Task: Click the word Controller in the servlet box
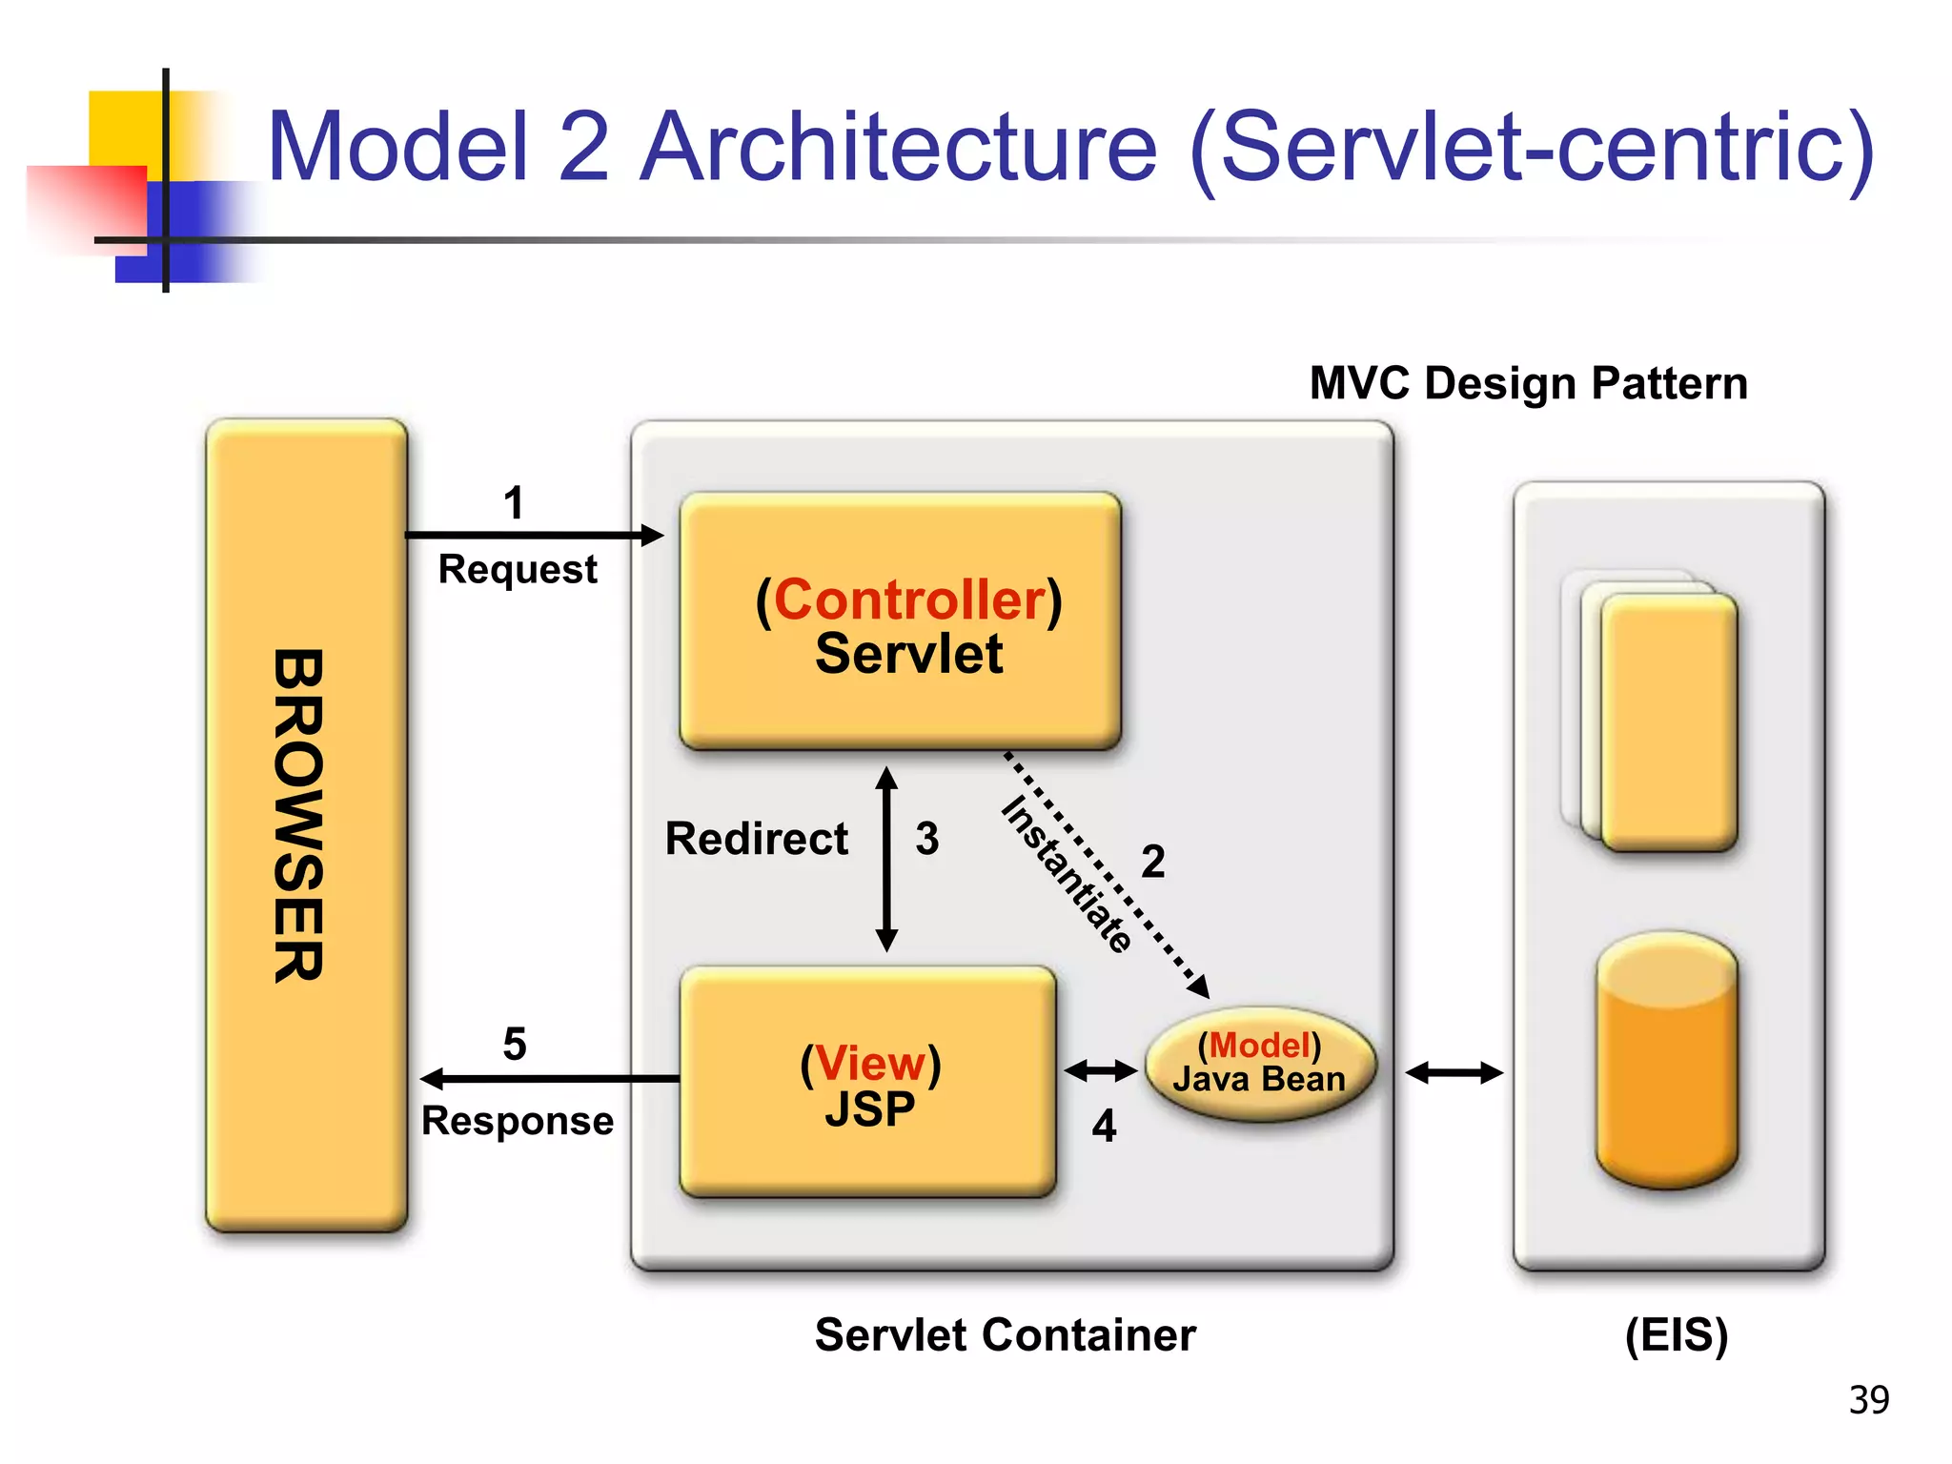click(909, 600)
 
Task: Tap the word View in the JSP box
click(870, 1063)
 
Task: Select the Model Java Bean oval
click(1260, 1063)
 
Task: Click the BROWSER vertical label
click(299, 816)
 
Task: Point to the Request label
click(518, 570)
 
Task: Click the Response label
click(518, 1121)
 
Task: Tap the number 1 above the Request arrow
click(514, 502)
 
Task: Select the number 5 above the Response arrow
click(515, 1044)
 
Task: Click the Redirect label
click(756, 839)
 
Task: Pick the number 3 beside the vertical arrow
click(927, 839)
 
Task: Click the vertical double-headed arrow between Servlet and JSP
click(886, 858)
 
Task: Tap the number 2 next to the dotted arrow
click(1153, 862)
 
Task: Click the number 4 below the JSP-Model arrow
click(1104, 1127)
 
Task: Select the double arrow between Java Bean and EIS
click(1454, 1073)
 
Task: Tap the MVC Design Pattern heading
click(1528, 383)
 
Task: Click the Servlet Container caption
click(1005, 1334)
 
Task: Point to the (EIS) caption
click(1676, 1334)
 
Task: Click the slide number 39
click(1868, 1399)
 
